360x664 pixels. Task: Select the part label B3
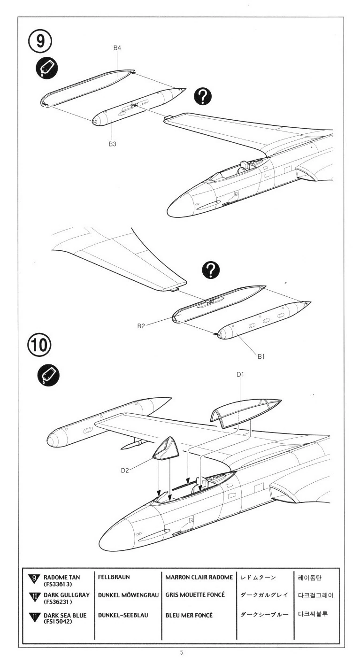tap(112, 145)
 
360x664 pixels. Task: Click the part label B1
tap(261, 356)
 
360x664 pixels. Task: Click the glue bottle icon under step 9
tap(46, 69)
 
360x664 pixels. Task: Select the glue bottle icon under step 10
tap(47, 375)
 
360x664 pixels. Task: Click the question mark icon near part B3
tap(203, 97)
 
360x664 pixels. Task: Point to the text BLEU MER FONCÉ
tap(189, 615)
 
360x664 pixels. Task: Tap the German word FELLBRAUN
tap(114, 576)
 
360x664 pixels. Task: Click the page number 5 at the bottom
tap(181, 652)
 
